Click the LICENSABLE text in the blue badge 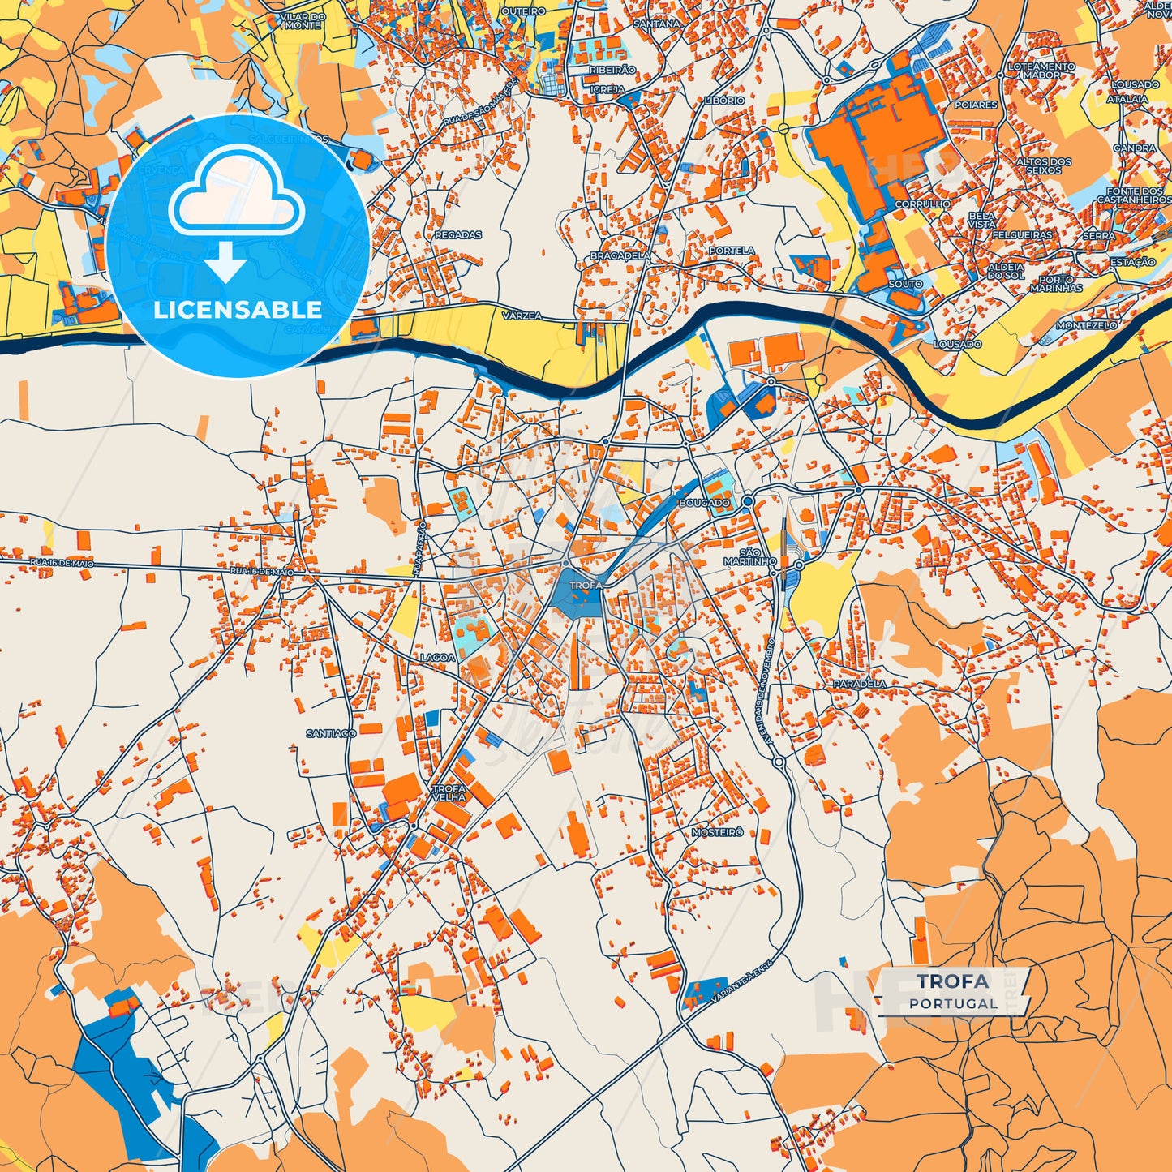(x=238, y=310)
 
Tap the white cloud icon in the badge (x=237, y=195)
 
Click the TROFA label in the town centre (x=586, y=585)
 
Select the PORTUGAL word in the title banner (x=953, y=1003)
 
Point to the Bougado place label (x=704, y=503)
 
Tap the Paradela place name (x=860, y=684)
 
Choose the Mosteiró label (x=717, y=832)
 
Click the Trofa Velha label (x=449, y=792)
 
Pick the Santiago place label (x=331, y=733)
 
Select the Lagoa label (x=437, y=657)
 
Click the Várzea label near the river (x=522, y=316)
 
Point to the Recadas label (x=458, y=235)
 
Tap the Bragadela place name (x=619, y=255)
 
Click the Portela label (x=732, y=251)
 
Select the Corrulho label (x=922, y=204)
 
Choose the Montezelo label (x=1086, y=325)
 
